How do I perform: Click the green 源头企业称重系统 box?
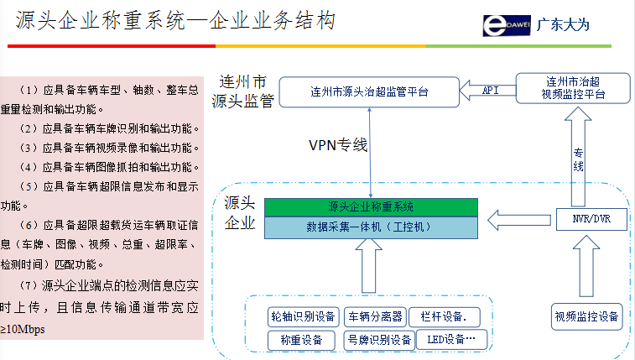[371, 206]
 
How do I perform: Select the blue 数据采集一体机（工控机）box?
[371, 226]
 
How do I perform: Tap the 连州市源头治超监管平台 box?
[368, 91]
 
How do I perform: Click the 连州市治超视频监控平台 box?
[572, 88]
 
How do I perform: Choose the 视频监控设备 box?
[586, 316]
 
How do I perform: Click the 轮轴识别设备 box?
[303, 316]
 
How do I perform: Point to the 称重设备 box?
[303, 340]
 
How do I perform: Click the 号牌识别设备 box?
[380, 340]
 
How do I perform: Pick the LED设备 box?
[451, 340]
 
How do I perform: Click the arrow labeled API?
[487, 90]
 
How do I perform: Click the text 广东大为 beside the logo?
[563, 24]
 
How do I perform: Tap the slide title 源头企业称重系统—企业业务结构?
[169, 20]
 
